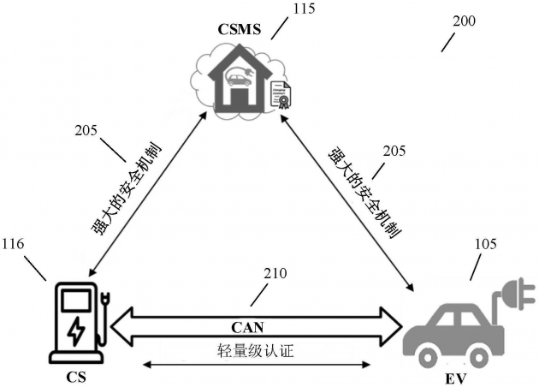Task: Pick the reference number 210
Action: [275, 274]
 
